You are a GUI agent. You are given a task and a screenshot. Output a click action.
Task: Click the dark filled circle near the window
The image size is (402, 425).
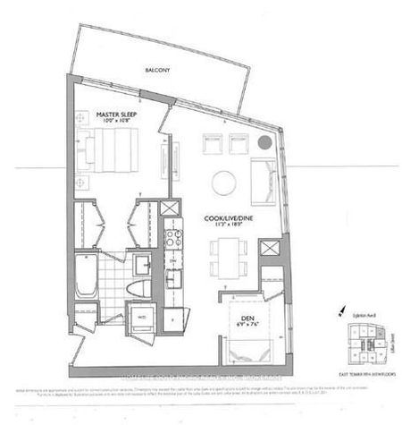click(x=264, y=143)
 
